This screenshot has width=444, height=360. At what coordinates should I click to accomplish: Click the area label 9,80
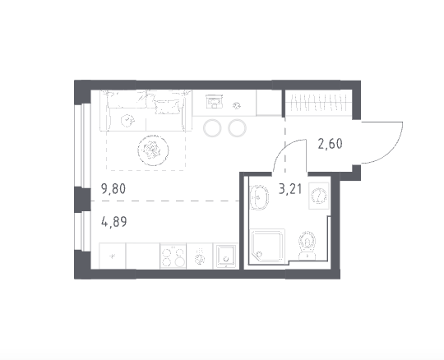[113, 189]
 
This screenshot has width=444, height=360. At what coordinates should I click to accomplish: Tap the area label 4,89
[113, 222]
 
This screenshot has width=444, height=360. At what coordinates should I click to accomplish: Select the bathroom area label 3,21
[290, 189]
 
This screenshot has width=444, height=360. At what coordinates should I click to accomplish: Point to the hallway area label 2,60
[331, 144]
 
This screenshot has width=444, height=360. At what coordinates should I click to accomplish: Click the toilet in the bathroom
[308, 245]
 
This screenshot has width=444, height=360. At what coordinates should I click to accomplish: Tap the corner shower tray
[267, 247]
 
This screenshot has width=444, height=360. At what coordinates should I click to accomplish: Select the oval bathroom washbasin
[259, 197]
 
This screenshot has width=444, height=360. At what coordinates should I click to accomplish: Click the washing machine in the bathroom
[319, 196]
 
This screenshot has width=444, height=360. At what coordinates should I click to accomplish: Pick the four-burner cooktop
[173, 256]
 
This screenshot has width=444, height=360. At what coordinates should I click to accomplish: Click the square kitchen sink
[225, 256]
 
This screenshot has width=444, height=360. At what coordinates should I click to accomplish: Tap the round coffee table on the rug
[153, 150]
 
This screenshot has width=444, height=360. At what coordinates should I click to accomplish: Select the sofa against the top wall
[146, 110]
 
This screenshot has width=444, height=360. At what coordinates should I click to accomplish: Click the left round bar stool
[212, 128]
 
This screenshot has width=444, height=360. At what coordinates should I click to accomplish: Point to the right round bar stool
[238, 128]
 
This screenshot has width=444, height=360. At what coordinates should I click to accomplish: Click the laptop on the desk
[215, 101]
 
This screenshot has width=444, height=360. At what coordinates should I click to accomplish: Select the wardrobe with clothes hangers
[318, 103]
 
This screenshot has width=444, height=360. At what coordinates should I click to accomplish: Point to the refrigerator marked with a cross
[113, 256]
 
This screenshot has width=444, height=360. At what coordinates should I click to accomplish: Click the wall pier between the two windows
[82, 199]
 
